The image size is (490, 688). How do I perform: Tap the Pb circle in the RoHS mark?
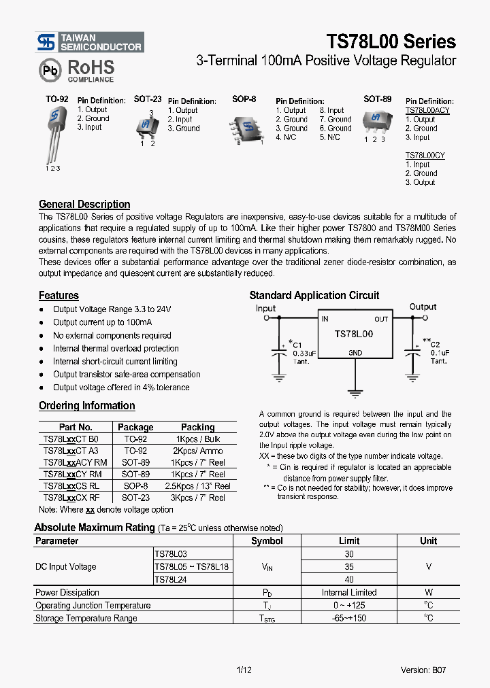50,70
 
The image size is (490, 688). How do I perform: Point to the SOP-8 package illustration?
248,126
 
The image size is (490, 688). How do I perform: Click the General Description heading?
84,204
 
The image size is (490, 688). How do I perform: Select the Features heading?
59,296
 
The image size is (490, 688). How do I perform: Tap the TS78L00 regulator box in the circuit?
355,334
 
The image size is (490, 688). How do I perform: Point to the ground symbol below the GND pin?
355,392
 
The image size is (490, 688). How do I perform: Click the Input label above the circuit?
265,308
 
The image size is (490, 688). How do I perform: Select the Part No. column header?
76,427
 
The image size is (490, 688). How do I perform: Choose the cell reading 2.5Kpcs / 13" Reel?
198,486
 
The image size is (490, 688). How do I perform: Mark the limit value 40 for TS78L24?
349,579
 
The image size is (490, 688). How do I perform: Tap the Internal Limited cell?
349,592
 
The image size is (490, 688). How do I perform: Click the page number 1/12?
244,670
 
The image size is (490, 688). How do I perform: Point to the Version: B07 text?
423,670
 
